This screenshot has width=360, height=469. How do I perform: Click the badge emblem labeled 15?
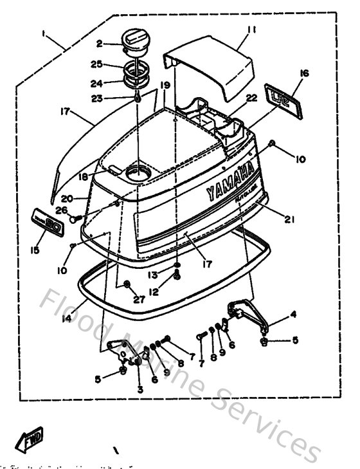[x=50, y=221]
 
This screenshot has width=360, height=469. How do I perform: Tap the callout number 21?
[x=289, y=219]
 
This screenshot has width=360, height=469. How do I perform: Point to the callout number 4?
[x=293, y=315]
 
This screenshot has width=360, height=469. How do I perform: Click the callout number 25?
[x=96, y=65]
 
